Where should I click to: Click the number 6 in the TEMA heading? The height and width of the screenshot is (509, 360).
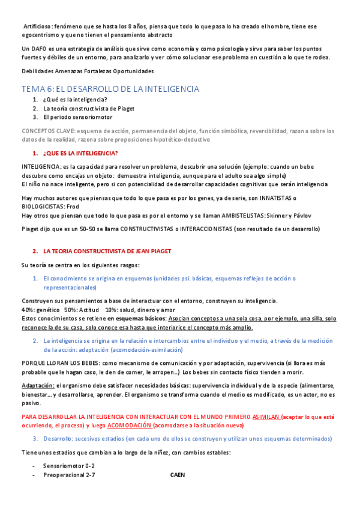(50, 89)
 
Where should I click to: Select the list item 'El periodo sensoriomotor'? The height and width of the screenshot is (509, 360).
(77, 117)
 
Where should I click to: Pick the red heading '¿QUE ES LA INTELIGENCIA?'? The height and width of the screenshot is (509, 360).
(80, 153)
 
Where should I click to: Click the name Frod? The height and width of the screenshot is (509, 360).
(73, 206)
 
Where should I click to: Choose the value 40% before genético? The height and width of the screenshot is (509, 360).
(28, 309)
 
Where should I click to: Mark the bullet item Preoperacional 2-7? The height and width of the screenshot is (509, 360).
(69, 475)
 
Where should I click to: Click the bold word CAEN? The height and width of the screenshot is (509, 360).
(178, 475)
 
